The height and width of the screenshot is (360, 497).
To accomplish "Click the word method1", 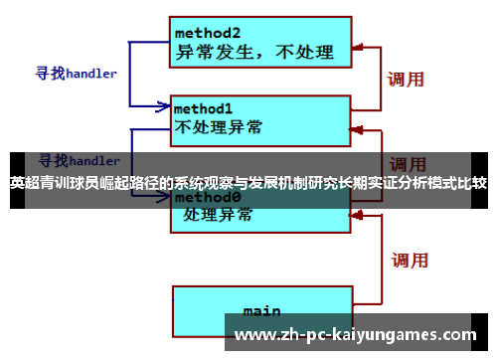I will (x=204, y=107).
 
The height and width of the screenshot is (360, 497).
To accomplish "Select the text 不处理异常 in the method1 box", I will (x=220, y=127).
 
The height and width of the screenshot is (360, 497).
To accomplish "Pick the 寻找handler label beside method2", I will (x=77, y=74).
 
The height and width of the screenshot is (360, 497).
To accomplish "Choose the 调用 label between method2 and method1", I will (x=407, y=78).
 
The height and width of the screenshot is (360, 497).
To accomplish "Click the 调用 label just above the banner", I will (x=408, y=163).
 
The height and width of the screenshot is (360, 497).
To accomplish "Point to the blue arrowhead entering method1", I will (x=165, y=104).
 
